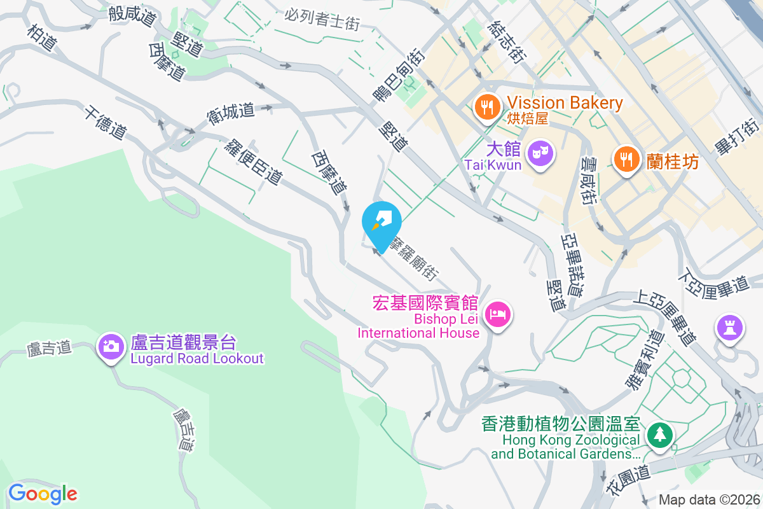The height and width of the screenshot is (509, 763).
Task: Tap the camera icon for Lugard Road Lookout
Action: coord(111,346)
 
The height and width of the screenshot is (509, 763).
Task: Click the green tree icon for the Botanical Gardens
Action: coord(659,435)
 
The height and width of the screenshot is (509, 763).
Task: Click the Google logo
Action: coord(43,493)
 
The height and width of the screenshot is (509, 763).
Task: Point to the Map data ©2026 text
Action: coord(708,499)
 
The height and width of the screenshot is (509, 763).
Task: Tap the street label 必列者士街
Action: coord(322,19)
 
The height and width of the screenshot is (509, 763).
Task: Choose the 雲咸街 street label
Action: coord(591,180)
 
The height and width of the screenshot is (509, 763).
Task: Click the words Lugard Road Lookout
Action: coord(197,358)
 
